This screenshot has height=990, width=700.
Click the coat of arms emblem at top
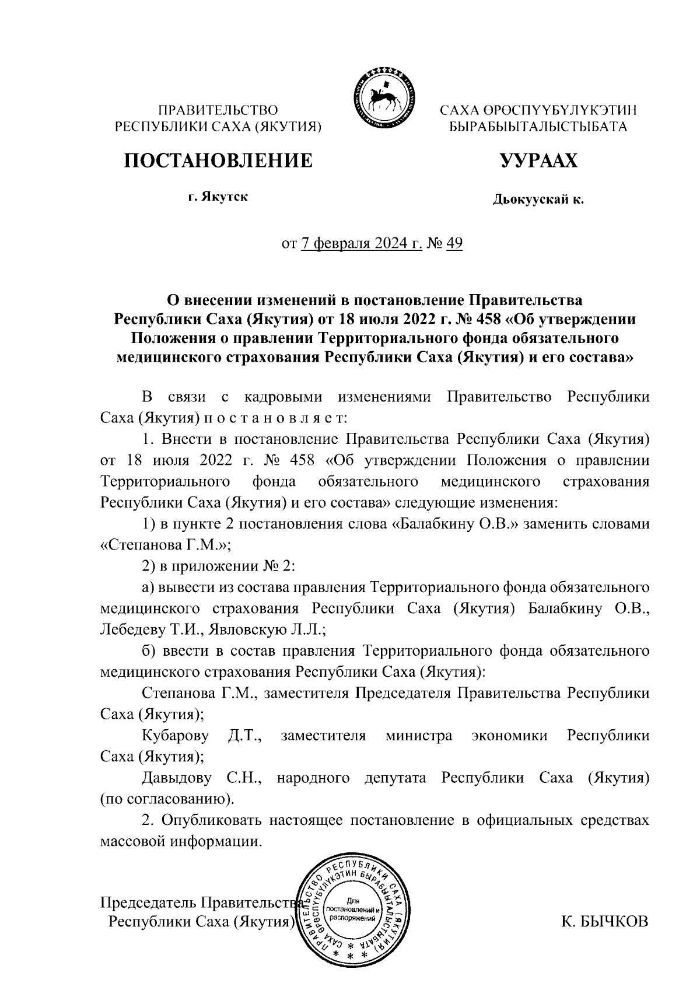[x=382, y=97]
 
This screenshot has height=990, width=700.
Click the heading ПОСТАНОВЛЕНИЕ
[x=218, y=160]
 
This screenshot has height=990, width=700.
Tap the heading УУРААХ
[x=538, y=160]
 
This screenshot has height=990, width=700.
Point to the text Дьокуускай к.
[x=538, y=200]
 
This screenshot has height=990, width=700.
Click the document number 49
[x=454, y=243]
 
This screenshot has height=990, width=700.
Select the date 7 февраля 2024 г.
[x=362, y=243]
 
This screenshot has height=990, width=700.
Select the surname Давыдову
[x=178, y=778]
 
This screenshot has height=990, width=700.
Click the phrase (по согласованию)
[x=166, y=799]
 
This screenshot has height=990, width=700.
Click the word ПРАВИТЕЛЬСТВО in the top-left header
[x=218, y=110]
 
